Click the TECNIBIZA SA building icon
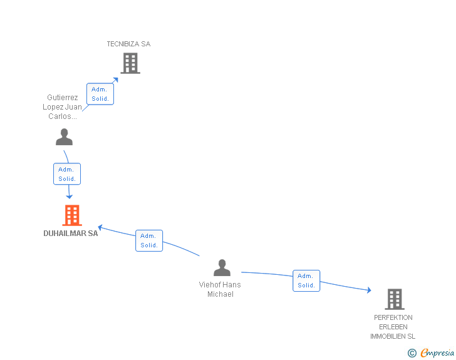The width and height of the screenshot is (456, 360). click(130, 63)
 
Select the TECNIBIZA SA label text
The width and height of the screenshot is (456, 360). click(128, 44)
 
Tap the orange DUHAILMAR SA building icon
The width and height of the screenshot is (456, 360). click(72, 215)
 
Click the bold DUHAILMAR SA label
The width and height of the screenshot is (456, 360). click(71, 233)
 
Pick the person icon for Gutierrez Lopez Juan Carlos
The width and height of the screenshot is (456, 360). click(65, 136)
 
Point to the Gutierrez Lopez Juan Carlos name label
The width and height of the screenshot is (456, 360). click(62, 106)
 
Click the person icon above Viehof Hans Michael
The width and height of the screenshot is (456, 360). click(222, 267)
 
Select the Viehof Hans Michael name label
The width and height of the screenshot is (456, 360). click(220, 289)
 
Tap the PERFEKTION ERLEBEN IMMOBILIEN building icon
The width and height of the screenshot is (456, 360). click(395, 299)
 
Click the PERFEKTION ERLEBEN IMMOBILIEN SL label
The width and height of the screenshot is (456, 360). click(393, 327)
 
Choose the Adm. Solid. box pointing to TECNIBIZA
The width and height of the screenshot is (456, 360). click(100, 94)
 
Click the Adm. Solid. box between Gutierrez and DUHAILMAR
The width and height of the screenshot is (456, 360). click(67, 174)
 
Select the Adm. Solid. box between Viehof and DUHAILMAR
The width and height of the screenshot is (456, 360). click(149, 241)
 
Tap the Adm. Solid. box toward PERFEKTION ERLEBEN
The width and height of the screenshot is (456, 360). click(306, 280)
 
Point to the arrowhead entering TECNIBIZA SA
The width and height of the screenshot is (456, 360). click(116, 80)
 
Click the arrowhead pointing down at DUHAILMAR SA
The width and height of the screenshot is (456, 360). click(69, 197)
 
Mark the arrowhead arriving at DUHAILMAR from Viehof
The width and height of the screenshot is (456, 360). click(100, 227)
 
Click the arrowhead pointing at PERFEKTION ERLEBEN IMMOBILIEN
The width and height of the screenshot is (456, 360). click(369, 290)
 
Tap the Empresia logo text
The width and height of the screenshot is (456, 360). click(437, 352)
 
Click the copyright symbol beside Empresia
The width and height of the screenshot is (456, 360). click(412, 353)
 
